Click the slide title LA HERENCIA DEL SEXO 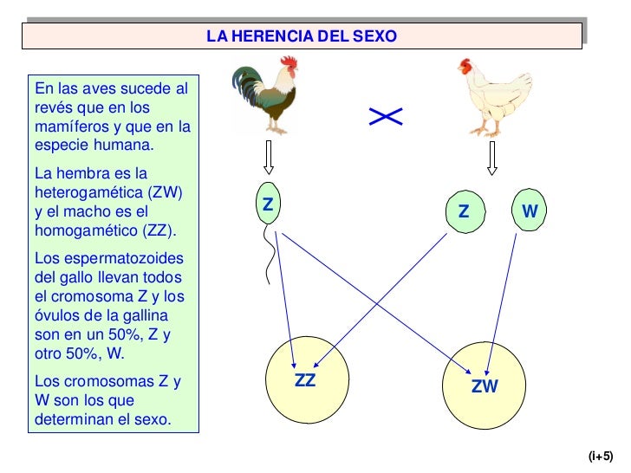[x=302, y=36]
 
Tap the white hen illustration [x=485, y=97]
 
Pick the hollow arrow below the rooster [x=269, y=159]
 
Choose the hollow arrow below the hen [x=492, y=159]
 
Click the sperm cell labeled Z [x=269, y=206]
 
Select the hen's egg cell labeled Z [x=464, y=211]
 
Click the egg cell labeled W [x=530, y=211]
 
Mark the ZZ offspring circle [x=306, y=381]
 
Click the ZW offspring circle [x=485, y=386]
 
